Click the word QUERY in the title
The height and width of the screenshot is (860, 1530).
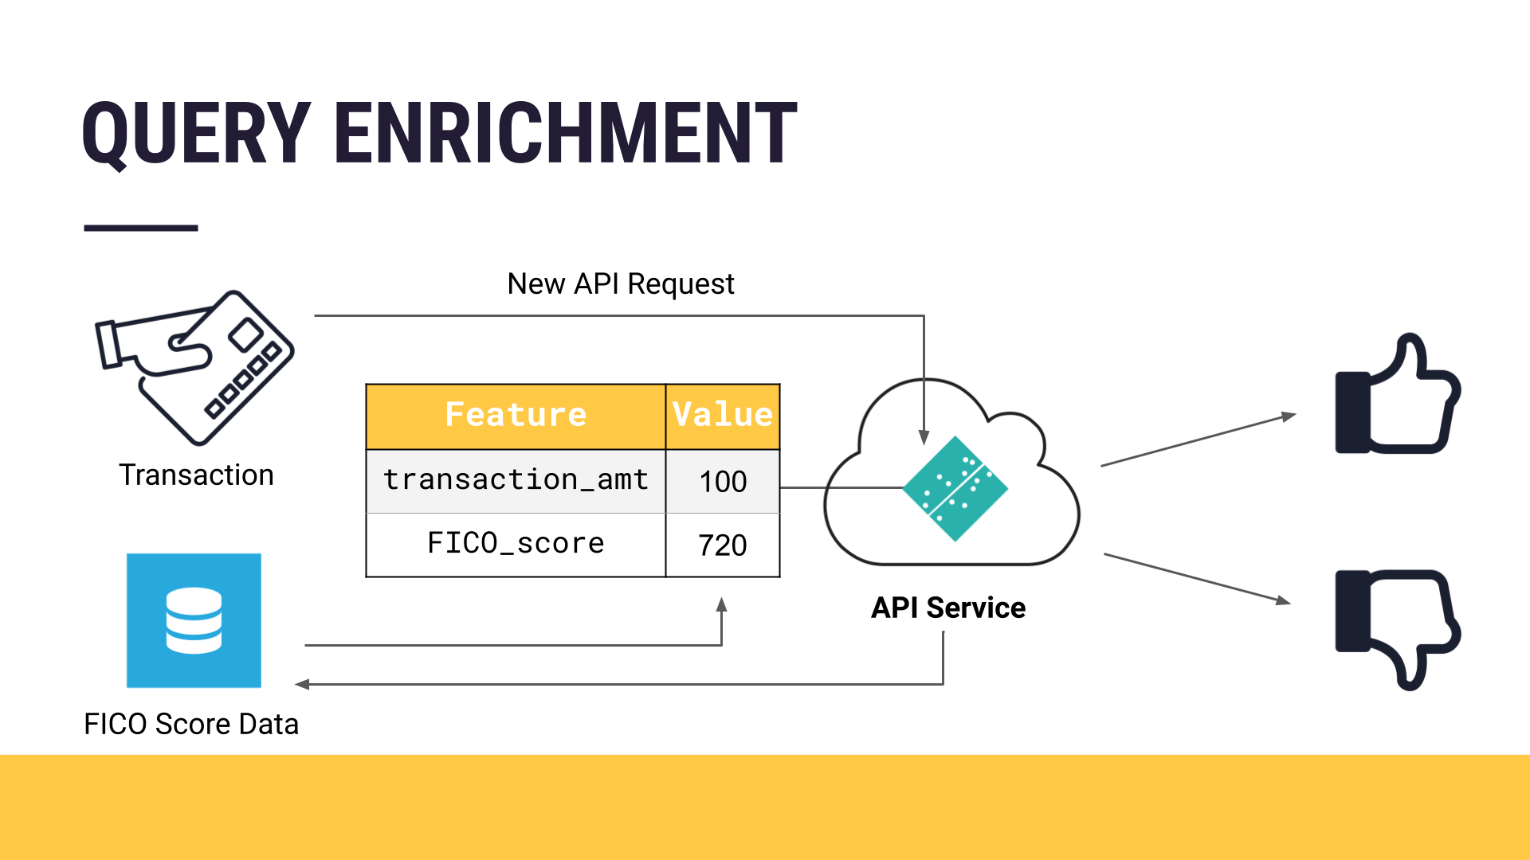click(196, 134)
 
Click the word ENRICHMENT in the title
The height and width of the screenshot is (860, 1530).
click(566, 134)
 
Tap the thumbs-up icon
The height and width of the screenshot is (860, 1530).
click(1398, 395)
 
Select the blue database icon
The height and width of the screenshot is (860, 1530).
click(194, 620)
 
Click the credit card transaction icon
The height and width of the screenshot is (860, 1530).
click(196, 366)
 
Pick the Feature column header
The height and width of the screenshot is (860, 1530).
click(516, 416)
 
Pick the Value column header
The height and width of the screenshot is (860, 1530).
click(722, 416)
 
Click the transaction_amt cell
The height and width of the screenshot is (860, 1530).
click(516, 480)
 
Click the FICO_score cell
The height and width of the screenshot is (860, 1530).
click(516, 544)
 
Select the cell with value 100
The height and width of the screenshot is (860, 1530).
click(723, 482)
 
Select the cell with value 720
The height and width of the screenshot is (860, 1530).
click(723, 545)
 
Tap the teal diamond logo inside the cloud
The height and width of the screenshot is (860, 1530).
click(955, 488)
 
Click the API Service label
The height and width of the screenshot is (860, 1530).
click(948, 608)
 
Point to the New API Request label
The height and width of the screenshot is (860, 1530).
click(621, 284)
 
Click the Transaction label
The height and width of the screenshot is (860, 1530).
click(196, 475)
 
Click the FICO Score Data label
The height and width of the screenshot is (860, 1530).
click(191, 724)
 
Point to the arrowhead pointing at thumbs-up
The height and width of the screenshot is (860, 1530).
click(1289, 416)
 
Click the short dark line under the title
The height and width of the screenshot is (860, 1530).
click(141, 229)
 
